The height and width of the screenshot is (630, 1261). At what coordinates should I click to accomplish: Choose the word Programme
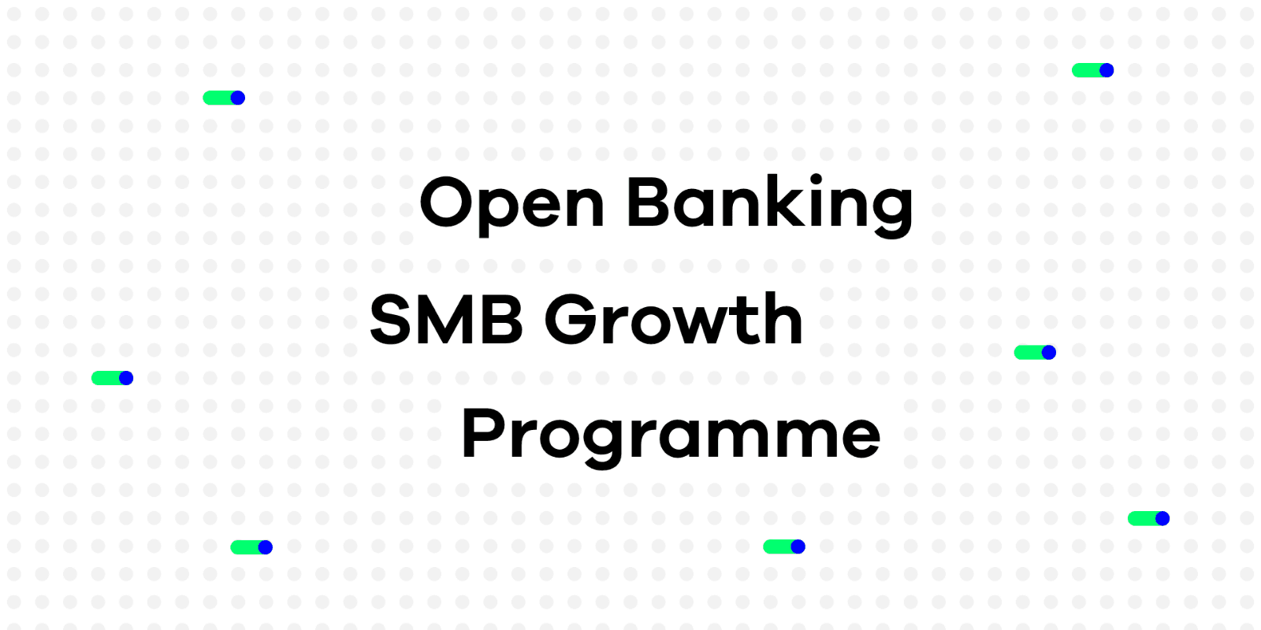tap(671, 435)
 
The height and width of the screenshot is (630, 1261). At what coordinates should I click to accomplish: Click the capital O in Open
tap(446, 202)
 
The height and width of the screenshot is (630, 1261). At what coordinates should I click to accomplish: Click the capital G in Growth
tap(571, 319)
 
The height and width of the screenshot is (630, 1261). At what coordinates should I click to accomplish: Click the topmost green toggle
tap(1092, 70)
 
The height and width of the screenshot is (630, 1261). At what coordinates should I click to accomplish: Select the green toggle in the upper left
tap(224, 98)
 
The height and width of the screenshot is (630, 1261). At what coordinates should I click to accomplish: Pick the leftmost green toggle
tap(113, 378)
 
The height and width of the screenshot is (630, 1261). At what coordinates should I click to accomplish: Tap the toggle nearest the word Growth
tap(1035, 353)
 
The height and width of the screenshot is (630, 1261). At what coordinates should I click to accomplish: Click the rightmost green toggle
tap(1148, 519)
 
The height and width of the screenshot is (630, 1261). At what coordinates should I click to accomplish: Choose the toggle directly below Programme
tap(784, 547)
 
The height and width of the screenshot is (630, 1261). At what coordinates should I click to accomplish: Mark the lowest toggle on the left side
tap(251, 547)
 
